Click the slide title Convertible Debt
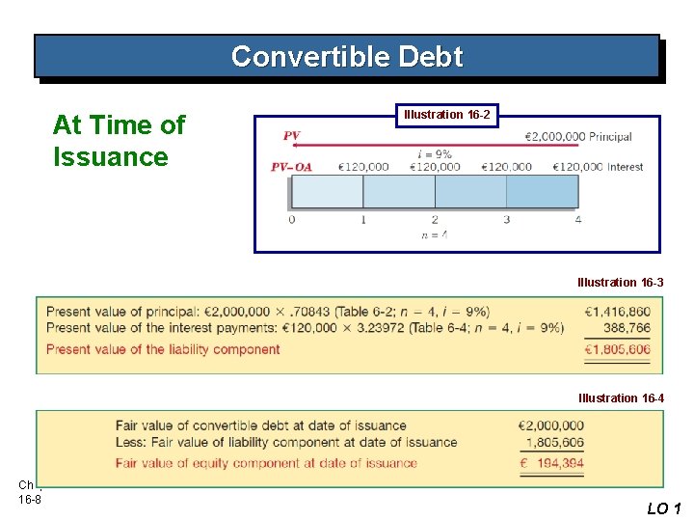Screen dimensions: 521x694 [x=347, y=57]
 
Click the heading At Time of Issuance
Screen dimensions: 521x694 [x=119, y=141]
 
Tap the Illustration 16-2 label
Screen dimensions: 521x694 [x=446, y=115]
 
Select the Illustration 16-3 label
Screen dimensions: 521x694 [x=621, y=283]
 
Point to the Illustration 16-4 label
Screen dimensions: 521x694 [x=621, y=398]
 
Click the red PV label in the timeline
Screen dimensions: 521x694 [x=292, y=136]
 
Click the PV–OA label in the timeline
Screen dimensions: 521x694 [x=291, y=167]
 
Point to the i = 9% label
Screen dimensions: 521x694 [x=435, y=153]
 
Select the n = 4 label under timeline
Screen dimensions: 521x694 [x=435, y=234]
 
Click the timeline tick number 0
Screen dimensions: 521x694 [x=292, y=220]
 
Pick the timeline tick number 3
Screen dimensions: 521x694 [x=507, y=220]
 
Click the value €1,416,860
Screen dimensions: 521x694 [x=617, y=312]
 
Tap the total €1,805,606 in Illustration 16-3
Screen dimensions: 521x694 [x=617, y=349]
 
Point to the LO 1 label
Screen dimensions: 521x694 [x=663, y=508]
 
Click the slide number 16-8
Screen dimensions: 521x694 [x=27, y=498]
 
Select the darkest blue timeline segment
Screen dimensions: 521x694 [x=543, y=191]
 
